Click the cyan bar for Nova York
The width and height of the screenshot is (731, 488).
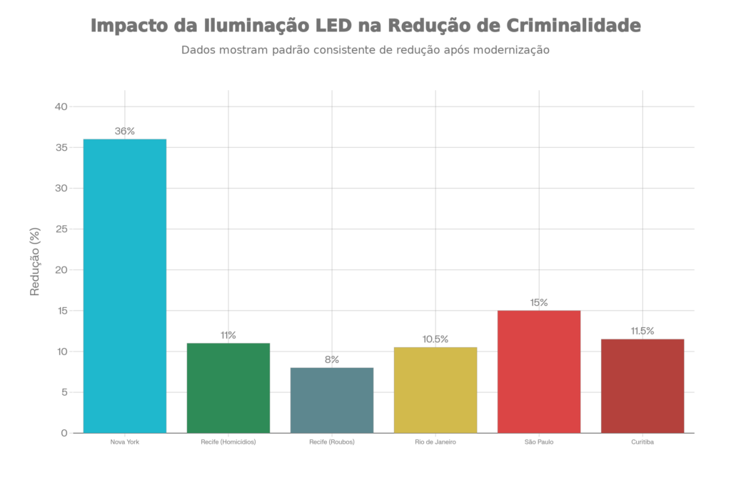point(125,285)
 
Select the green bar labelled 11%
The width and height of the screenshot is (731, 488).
point(228,387)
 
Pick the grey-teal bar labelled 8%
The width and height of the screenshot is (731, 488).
point(332,399)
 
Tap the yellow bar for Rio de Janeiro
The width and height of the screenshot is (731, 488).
point(435,389)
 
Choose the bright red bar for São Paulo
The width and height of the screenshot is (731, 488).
point(539,371)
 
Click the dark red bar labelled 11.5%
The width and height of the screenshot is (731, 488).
point(642,385)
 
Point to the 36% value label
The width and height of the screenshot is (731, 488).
point(125,131)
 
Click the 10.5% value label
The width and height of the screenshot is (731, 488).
point(435,339)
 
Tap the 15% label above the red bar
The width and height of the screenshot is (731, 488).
point(539,303)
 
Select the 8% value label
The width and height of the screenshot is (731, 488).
point(332,360)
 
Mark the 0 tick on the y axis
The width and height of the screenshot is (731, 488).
point(64,433)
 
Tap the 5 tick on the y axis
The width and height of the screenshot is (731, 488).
point(64,392)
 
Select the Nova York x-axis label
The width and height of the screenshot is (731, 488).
point(125,442)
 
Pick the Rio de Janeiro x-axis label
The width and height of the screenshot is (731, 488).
point(435,442)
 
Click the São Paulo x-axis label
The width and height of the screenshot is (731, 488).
point(539,442)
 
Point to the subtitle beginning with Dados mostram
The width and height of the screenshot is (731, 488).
point(365,51)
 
